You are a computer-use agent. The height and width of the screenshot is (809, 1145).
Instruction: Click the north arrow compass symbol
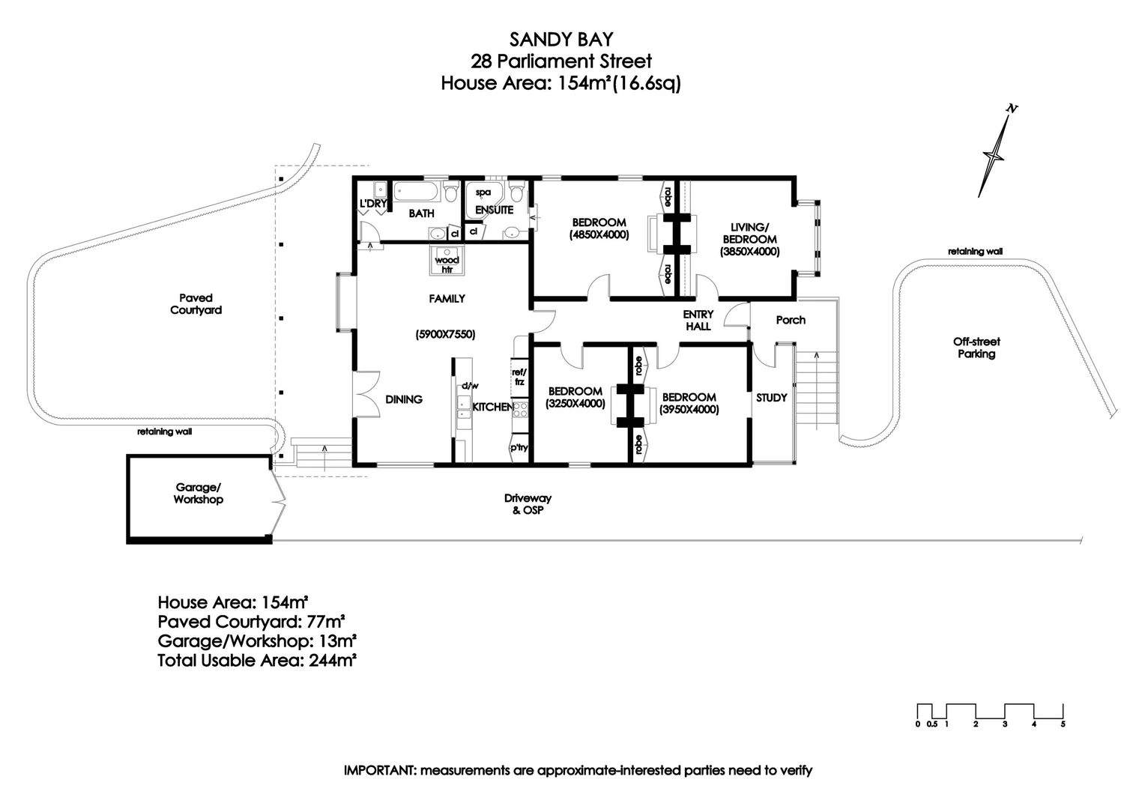coord(995,153)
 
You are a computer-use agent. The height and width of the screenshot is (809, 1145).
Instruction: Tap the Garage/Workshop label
coord(198,494)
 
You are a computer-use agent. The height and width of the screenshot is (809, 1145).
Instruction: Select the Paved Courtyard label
coord(196,304)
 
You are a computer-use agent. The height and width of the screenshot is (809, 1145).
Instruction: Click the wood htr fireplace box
coord(447,261)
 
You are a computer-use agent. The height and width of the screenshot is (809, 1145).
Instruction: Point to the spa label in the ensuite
coord(483,193)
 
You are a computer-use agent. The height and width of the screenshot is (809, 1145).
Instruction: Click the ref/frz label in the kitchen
coord(519,377)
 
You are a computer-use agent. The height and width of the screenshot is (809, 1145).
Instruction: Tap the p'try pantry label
coord(519,448)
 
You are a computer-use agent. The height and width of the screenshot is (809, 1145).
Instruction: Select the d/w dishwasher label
coord(470,386)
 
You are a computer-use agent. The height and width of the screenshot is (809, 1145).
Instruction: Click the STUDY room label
coord(771,398)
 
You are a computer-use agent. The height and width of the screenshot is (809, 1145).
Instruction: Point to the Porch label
coord(791,320)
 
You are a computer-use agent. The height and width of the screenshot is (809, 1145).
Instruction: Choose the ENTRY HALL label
coord(698,321)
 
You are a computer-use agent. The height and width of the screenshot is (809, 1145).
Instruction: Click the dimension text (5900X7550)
coord(446,335)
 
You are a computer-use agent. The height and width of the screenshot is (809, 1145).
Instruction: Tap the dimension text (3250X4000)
coord(575,404)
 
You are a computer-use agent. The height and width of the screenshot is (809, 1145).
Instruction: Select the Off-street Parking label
coord(976,348)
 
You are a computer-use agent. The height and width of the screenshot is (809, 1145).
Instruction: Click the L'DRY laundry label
coord(372,204)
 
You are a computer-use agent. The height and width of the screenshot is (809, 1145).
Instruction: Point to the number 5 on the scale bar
coord(1062,724)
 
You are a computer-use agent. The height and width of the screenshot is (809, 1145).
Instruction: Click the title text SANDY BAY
coord(561,39)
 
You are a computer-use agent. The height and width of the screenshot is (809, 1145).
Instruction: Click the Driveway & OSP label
coord(528,504)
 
